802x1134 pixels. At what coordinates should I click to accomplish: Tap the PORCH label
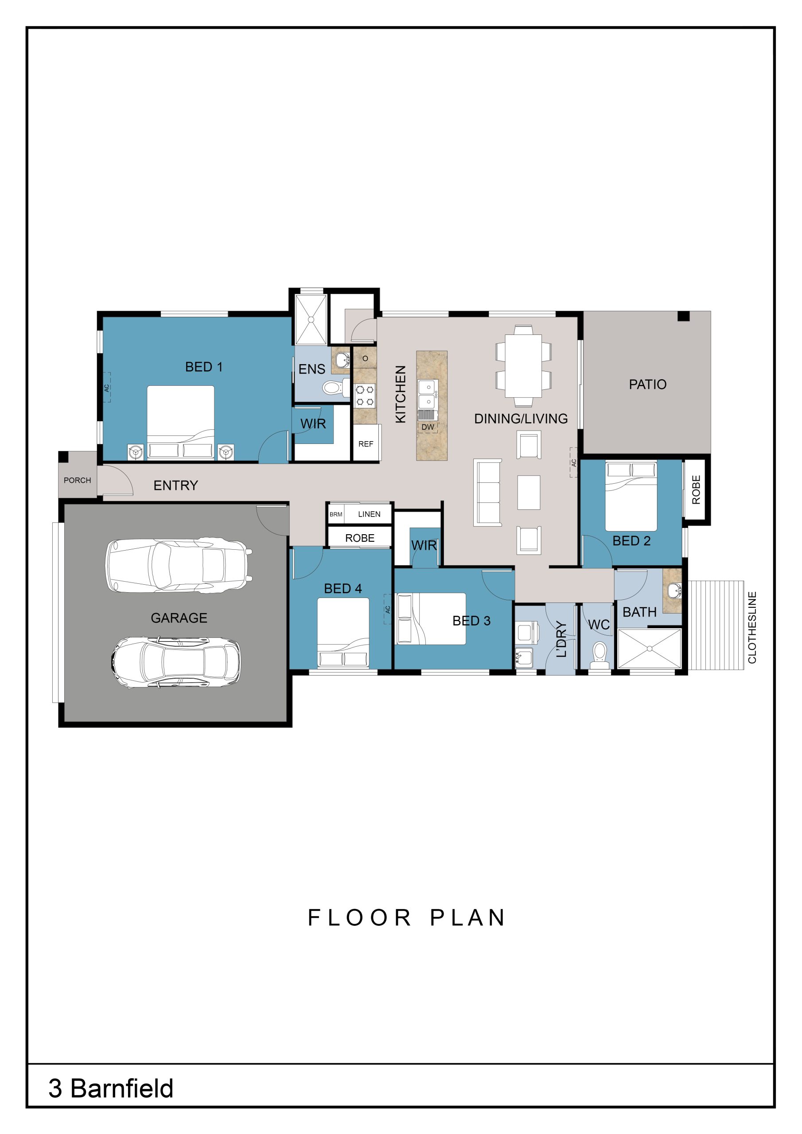tap(77, 480)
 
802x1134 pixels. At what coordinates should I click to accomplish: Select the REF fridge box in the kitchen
tap(366, 443)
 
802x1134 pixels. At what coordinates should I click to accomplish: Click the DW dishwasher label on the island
tap(428, 427)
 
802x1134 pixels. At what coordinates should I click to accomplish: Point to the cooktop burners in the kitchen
tap(365, 396)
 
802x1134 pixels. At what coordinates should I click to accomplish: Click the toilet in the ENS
tap(335, 387)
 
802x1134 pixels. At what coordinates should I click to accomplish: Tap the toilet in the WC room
tap(600, 655)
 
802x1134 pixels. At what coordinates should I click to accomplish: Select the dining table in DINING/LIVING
tap(523, 366)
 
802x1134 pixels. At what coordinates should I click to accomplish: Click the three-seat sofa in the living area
tap(487, 493)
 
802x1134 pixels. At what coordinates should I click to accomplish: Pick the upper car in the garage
tap(179, 565)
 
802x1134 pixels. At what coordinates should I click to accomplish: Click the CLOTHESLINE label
tap(752, 627)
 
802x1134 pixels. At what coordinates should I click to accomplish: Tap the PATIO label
tap(647, 384)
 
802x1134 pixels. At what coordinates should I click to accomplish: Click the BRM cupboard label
tap(336, 514)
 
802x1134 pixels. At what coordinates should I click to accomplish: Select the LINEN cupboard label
tap(369, 514)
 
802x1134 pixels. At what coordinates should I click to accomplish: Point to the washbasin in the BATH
tap(674, 590)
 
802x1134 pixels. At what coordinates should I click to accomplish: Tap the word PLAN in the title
tap(467, 918)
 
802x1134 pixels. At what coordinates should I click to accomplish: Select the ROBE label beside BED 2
tap(696, 489)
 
